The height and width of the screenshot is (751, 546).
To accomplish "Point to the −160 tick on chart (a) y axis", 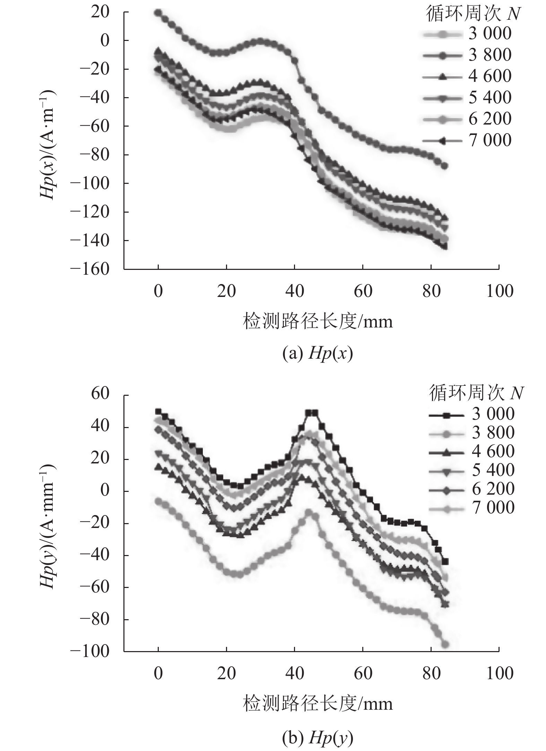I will tap(90, 269).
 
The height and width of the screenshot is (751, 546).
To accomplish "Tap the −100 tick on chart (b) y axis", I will tap(90, 651).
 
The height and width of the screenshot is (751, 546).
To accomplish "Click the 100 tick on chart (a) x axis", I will tap(499, 291).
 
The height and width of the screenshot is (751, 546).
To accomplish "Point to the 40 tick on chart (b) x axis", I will tap(295, 673).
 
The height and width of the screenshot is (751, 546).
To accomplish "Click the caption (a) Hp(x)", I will tap(318, 355).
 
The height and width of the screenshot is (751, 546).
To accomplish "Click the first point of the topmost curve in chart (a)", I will tap(158, 12).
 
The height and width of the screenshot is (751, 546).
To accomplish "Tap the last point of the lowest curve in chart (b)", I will tap(445, 645).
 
